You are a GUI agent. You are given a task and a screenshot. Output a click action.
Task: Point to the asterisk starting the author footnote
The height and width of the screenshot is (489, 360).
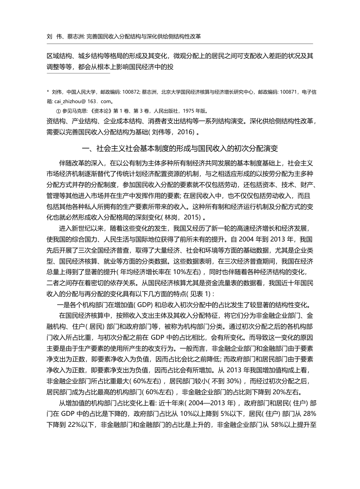[x=48, y=92]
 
